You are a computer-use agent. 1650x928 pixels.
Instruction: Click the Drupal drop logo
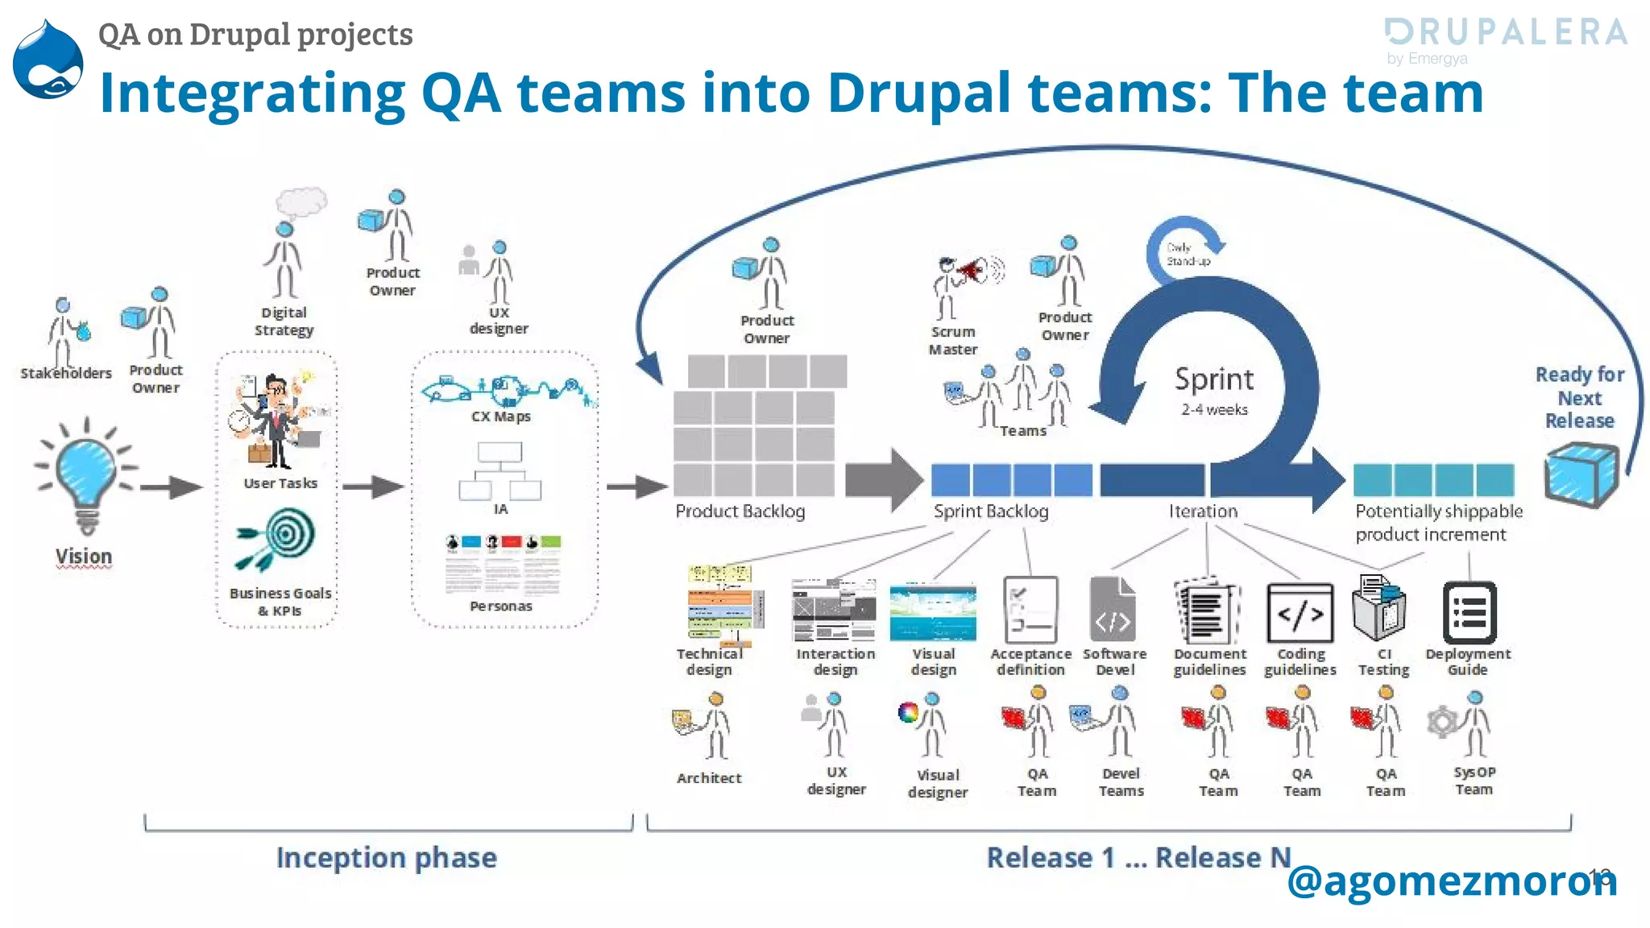tap(48, 60)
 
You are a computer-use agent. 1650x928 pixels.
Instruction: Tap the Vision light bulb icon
tap(86, 475)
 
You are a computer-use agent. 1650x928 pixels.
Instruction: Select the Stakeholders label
tap(66, 373)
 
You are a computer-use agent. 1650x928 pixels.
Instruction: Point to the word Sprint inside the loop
tap(1214, 379)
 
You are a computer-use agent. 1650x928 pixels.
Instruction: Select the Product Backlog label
tap(740, 511)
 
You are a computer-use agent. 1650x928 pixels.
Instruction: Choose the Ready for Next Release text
tap(1579, 397)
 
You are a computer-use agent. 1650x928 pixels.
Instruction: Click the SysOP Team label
tap(1474, 780)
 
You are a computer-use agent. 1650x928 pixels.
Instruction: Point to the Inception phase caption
tap(386, 857)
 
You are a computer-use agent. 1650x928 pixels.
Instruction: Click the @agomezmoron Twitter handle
tap(1450, 880)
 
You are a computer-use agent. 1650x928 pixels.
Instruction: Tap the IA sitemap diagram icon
tap(500, 472)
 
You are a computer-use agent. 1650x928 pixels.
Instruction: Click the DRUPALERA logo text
tap(1506, 32)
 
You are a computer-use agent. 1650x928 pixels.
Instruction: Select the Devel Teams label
tap(1121, 781)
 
